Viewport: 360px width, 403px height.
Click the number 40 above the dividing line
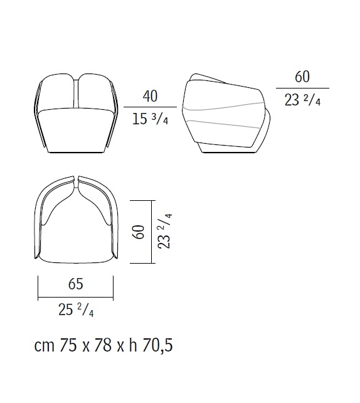[151, 97]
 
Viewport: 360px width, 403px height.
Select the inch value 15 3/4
[151, 119]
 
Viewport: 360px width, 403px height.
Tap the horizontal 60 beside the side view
[302, 77]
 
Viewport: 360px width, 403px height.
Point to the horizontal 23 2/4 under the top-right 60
[302, 100]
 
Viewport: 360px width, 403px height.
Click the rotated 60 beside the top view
[139, 232]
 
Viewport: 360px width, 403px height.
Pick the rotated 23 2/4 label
[164, 231]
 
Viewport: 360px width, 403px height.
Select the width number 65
[76, 284]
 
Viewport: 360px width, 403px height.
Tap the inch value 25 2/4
[76, 309]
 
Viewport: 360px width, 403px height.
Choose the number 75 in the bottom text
[68, 345]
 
